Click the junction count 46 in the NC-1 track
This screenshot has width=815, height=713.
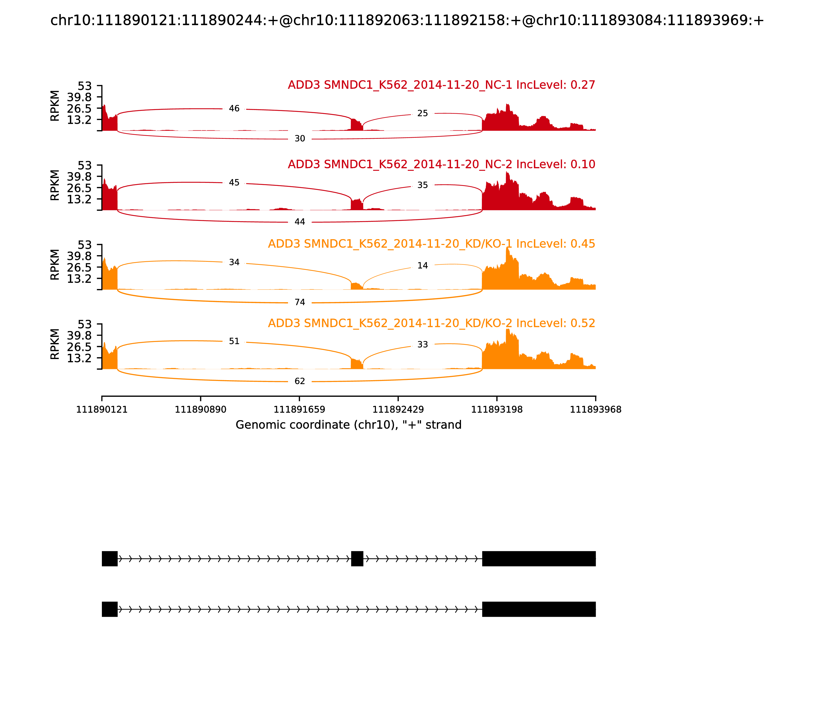[234, 109]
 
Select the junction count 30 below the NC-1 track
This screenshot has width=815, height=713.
[300, 139]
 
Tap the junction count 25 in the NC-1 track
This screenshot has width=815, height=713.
[422, 113]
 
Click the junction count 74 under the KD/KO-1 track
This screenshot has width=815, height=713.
[300, 303]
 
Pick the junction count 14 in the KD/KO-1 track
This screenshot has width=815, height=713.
[422, 265]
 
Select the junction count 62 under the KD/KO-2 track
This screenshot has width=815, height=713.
[300, 381]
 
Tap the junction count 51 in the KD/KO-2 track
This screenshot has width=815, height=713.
[234, 341]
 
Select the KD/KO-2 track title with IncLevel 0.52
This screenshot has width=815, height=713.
[431, 323]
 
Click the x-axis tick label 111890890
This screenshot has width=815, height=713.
[201, 409]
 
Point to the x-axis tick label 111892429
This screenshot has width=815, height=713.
[398, 409]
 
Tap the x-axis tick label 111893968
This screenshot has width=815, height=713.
[595, 409]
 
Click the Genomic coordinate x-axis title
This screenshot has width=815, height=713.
[349, 425]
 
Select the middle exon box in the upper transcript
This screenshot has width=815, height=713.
[357, 559]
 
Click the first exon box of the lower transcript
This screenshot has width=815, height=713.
[110, 609]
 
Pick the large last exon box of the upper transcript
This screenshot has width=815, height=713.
[539, 559]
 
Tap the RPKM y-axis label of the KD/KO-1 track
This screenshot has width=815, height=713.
[55, 265]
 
